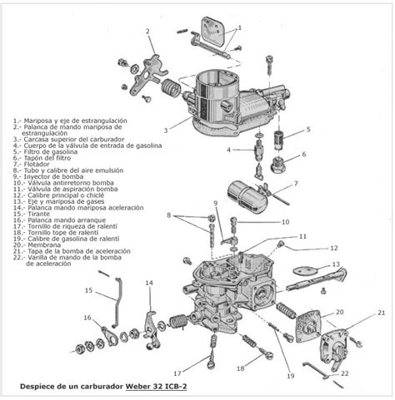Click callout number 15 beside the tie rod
point(87,290)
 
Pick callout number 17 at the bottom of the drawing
point(177,373)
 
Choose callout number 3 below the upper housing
point(166,130)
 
